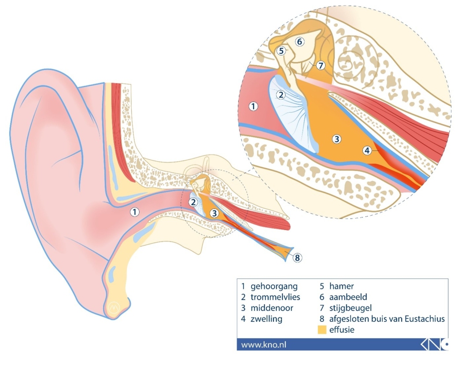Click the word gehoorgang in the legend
point(274,287)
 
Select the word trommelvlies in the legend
point(275,297)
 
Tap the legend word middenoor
point(272,308)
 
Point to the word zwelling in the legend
point(266,319)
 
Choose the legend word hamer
point(341,286)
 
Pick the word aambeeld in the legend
point(348,297)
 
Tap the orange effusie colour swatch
point(322,330)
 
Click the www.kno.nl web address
point(263,345)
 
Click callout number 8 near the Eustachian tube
point(297,258)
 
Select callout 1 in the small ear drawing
point(134,212)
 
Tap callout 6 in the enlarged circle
point(299,42)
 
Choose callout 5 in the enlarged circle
point(281,51)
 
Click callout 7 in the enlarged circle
point(321,66)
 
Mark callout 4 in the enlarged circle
point(367,151)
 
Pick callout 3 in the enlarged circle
point(336,139)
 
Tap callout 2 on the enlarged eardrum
point(281,95)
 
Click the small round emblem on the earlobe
point(114,307)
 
